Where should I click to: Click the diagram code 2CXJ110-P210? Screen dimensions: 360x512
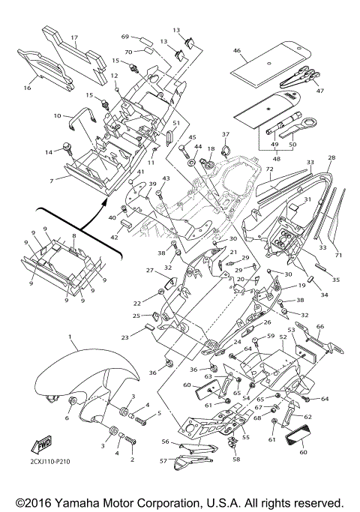(49, 462)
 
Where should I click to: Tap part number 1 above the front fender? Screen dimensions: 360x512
(70, 336)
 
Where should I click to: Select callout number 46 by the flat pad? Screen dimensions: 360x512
(237, 51)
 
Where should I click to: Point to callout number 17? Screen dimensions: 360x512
(74, 37)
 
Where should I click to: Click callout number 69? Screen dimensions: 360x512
(125, 37)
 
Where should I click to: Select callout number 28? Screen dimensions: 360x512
(331, 157)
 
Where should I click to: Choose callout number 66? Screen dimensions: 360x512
(320, 326)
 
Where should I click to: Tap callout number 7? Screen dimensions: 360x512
(51, 181)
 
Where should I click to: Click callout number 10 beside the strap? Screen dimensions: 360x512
(58, 115)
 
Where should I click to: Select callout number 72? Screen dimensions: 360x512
(269, 169)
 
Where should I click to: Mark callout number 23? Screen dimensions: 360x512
(125, 338)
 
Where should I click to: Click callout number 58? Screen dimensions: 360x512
(236, 459)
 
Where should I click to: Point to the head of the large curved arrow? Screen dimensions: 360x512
(105, 203)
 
